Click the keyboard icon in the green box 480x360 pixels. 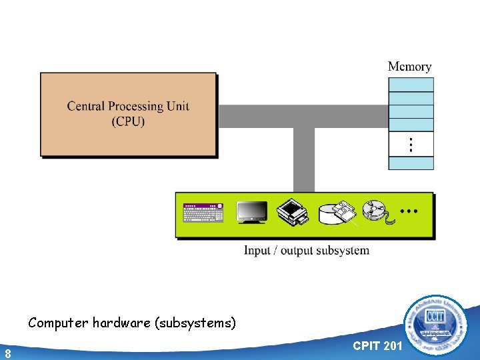pyautogui.click(x=203, y=213)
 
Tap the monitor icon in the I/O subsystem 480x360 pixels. pyautogui.click(x=253, y=212)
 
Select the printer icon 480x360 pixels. pyautogui.click(x=293, y=212)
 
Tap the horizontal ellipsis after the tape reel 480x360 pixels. pyautogui.click(x=409, y=211)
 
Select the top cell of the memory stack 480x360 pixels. pyautogui.click(x=411, y=85)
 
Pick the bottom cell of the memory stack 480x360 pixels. pyautogui.click(x=411, y=163)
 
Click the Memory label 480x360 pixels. pyautogui.click(x=409, y=67)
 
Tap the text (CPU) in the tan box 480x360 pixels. pyautogui.click(x=128, y=121)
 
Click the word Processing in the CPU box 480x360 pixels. pyautogui.click(x=135, y=106)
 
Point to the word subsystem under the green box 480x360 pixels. pyautogui.click(x=342, y=251)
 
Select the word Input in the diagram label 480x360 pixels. pyautogui.click(x=257, y=251)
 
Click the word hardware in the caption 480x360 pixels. pyautogui.click(x=121, y=323)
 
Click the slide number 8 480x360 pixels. pyautogui.click(x=7, y=353)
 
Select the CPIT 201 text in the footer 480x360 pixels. pyautogui.click(x=377, y=345)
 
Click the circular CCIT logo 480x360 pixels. pyautogui.click(x=437, y=324)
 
